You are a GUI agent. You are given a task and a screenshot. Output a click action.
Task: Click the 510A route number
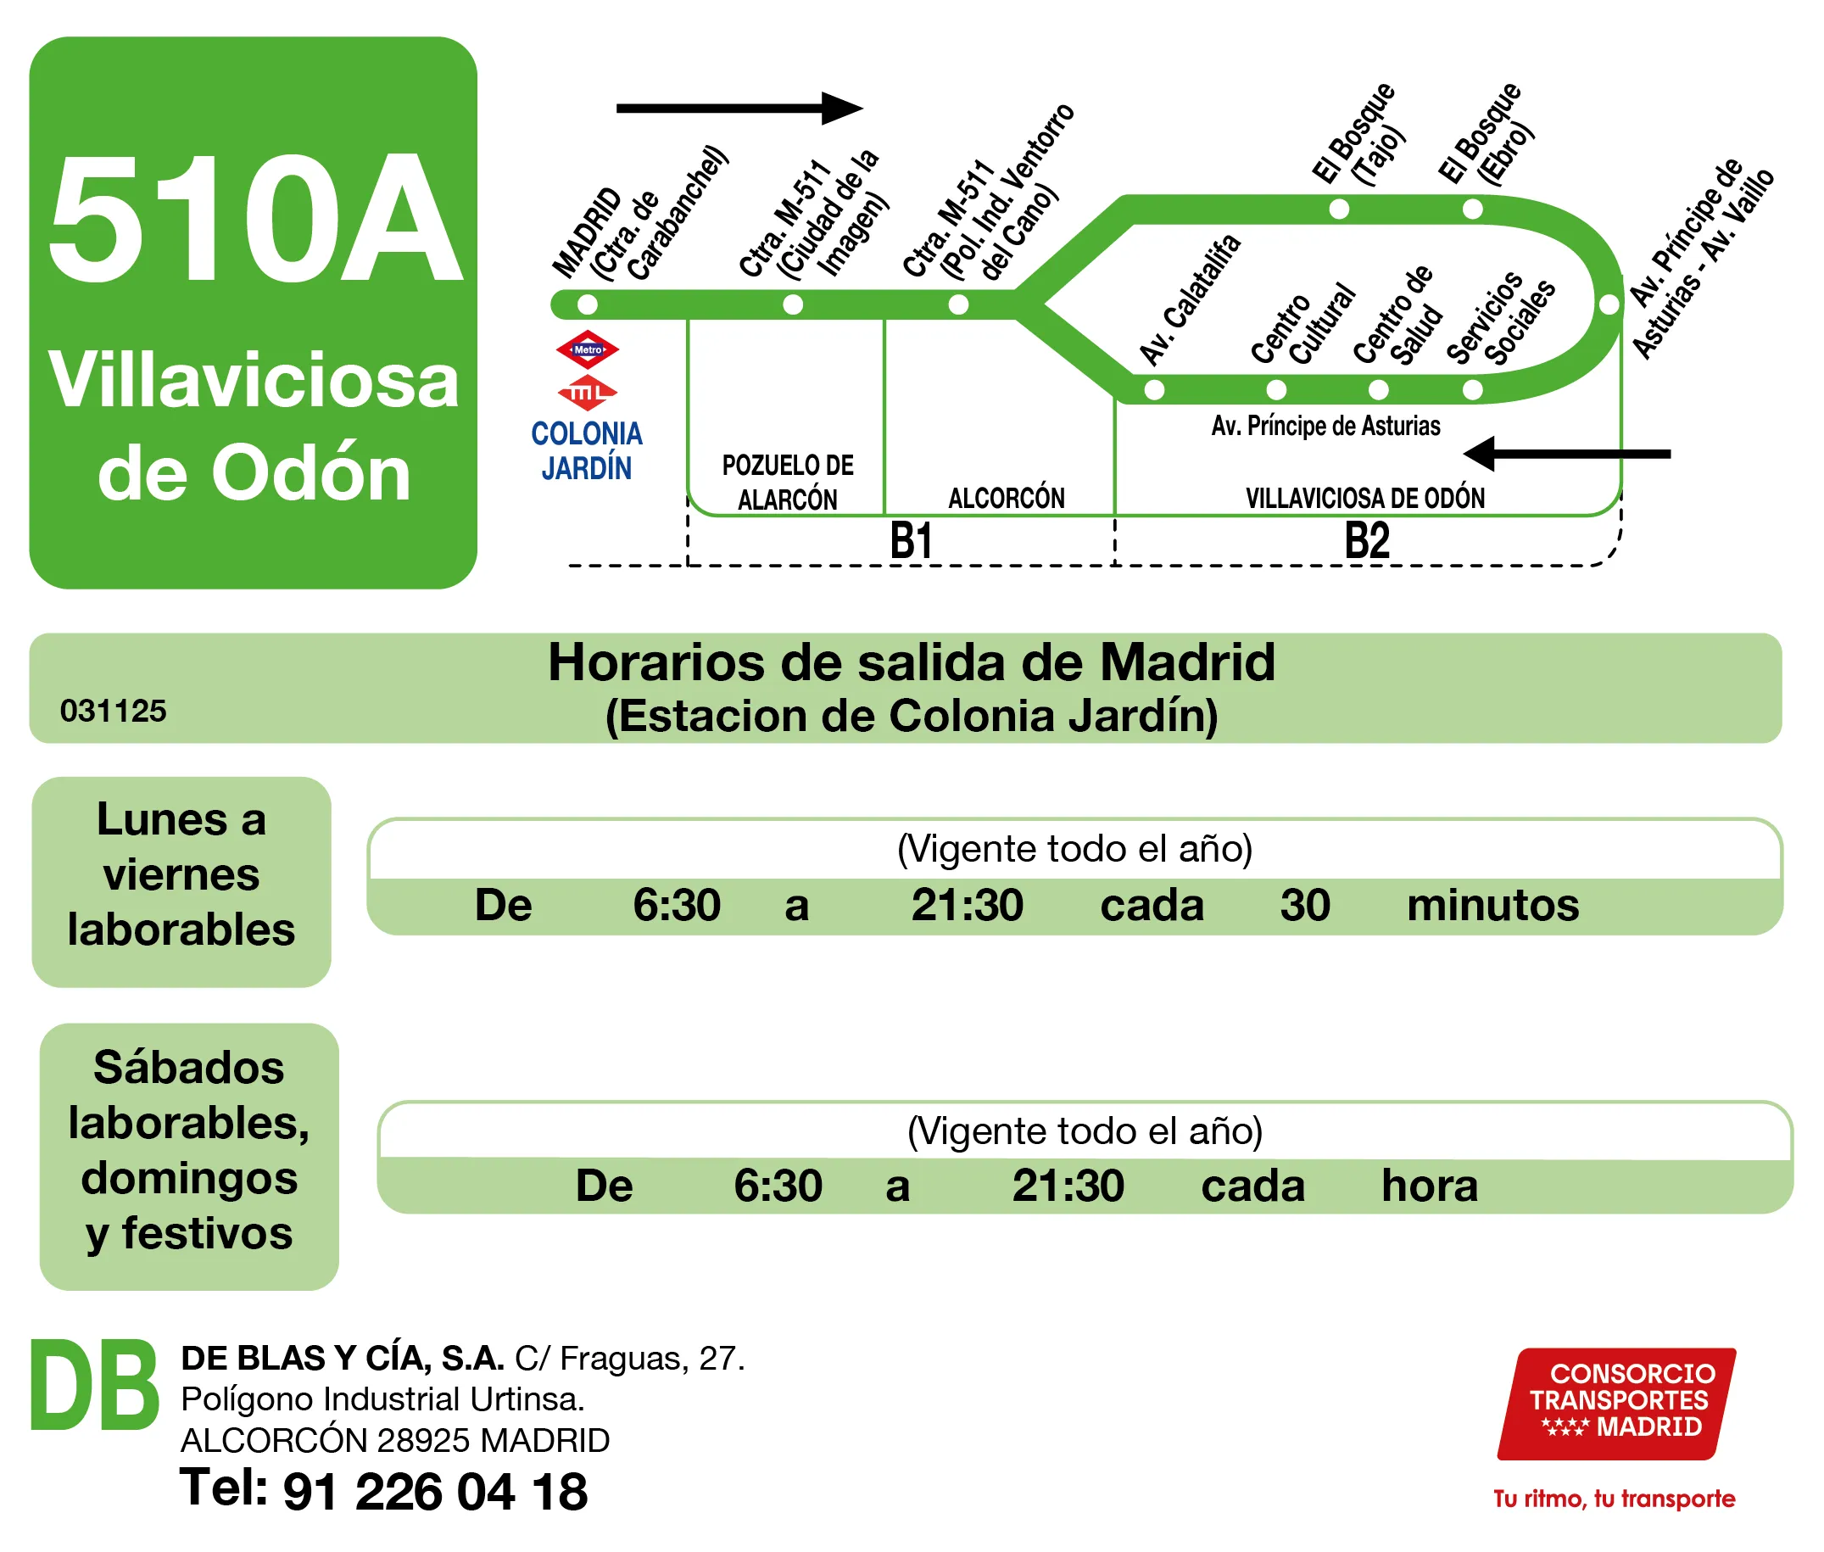coord(255,220)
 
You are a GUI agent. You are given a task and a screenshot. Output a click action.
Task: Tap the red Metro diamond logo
coord(587,349)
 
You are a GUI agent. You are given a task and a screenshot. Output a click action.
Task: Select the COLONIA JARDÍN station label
coord(587,450)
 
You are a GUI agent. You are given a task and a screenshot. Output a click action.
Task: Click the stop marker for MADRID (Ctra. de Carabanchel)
coord(587,305)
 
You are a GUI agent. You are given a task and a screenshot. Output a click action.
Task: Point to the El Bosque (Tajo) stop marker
coord(1339,209)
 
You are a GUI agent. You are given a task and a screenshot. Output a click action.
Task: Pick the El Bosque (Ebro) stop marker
coord(1472,209)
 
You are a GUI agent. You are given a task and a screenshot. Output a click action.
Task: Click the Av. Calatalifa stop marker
coord(1154,390)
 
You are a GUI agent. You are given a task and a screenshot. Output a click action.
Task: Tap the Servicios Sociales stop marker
coord(1472,390)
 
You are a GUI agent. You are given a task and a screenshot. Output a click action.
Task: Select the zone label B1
coord(910,540)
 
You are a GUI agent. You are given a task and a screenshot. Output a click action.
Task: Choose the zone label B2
coord(1366,540)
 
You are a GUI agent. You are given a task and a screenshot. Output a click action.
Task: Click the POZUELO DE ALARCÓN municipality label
coord(787,483)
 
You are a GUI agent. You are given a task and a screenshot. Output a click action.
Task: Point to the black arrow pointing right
coord(739,109)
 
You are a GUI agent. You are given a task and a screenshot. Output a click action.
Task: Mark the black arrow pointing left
coord(1565,454)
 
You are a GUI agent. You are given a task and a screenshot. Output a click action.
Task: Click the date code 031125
coord(114,711)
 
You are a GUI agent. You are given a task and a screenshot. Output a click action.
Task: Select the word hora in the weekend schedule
coord(1429,1185)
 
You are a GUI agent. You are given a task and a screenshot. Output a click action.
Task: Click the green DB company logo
coord(95,1387)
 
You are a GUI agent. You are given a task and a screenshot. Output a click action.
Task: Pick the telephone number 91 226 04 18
coord(435,1493)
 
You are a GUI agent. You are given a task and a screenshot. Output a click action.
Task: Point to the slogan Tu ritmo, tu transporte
coord(1614,1499)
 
